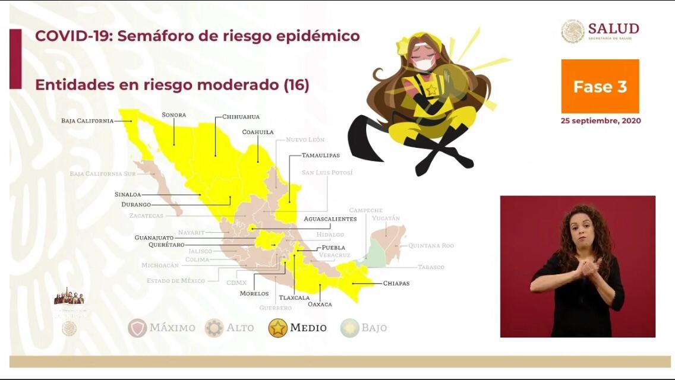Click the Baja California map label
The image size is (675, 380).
pos(87,121)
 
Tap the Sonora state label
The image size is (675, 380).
pos(174,115)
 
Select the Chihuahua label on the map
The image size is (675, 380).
pos(241,117)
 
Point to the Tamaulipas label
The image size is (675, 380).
pos(320,155)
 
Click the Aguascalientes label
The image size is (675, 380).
pos(330,218)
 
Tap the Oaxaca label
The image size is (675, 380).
pos(320,304)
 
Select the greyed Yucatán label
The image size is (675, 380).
pos(386,218)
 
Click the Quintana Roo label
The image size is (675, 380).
pos(431,245)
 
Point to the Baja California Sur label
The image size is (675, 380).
pos(102,174)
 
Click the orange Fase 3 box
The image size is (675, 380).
pos(600,87)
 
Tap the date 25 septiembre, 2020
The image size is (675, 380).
pos(600,121)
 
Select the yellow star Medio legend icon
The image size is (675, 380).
pos(277,328)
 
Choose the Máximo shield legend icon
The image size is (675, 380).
pos(137,328)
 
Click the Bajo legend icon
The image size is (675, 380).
pos(350,328)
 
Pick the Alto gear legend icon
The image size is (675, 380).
pos(214,328)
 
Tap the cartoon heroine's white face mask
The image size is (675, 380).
pos(423,64)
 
